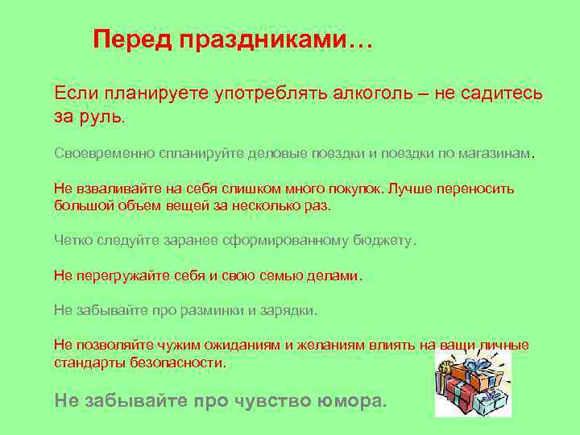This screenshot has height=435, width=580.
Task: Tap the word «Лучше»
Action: pyautogui.click(x=409, y=188)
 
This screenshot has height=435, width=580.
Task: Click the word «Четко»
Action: pyautogui.click(x=74, y=240)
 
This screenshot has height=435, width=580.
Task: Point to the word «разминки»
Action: pyautogui.click(x=209, y=310)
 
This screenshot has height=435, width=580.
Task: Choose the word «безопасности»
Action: pyautogui.click(x=180, y=362)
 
